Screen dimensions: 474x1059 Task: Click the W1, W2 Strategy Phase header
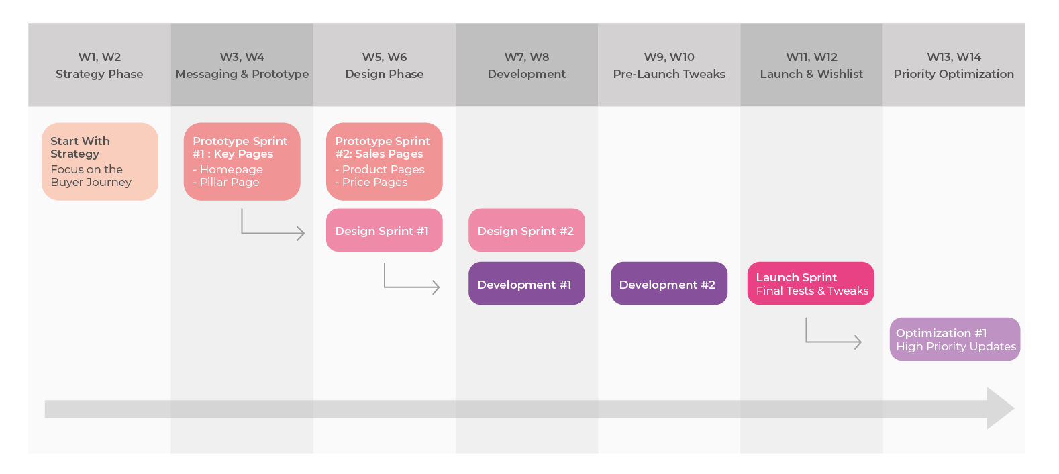(x=99, y=65)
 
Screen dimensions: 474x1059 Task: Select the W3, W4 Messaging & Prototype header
(x=242, y=65)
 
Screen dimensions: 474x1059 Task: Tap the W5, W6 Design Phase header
(x=384, y=65)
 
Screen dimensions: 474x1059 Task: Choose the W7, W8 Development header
(x=526, y=65)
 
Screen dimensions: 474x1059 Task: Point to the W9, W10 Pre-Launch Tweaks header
(x=668, y=65)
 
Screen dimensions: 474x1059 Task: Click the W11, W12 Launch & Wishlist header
(x=811, y=65)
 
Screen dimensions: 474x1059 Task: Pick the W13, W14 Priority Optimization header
(x=953, y=65)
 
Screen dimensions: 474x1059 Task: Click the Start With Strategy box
(x=99, y=161)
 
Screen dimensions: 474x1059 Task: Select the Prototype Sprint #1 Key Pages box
(x=242, y=161)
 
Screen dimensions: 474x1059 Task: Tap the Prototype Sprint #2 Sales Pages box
(x=384, y=161)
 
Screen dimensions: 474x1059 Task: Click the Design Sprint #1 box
(x=384, y=230)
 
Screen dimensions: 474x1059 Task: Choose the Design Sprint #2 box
(x=526, y=230)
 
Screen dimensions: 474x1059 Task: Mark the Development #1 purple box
(x=526, y=283)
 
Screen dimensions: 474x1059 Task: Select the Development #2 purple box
(x=668, y=283)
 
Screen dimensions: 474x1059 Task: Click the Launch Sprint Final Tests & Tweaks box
(x=810, y=283)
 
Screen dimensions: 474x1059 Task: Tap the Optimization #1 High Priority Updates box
(x=954, y=339)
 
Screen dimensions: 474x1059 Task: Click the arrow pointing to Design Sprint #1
(x=272, y=232)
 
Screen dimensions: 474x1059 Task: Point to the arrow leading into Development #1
(x=411, y=286)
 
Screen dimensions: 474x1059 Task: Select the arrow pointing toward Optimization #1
(x=832, y=340)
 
